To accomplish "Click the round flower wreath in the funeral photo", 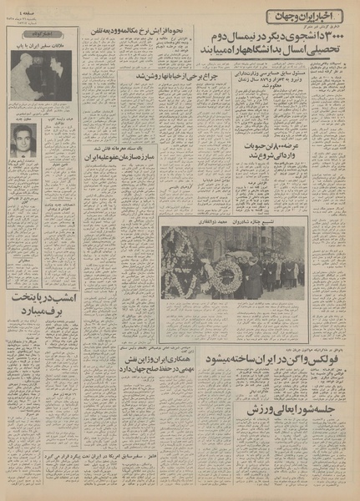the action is coord(226,276).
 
